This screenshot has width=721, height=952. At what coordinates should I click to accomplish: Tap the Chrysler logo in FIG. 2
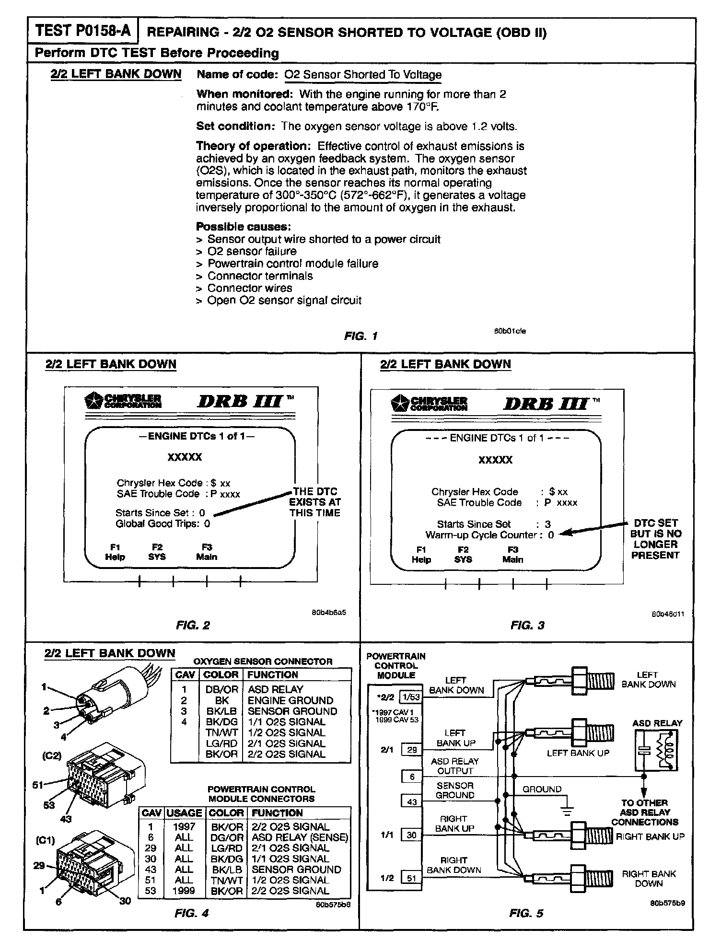click(x=123, y=400)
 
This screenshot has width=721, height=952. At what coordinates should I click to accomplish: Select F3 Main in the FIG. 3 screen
click(x=512, y=555)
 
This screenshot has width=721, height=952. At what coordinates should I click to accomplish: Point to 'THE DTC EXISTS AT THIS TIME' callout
click(x=315, y=502)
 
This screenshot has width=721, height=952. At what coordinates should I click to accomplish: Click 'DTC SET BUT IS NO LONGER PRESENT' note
click(x=655, y=539)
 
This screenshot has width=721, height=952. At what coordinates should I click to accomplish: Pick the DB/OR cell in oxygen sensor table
click(x=221, y=689)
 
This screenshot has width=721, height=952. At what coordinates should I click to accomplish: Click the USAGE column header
click(x=184, y=813)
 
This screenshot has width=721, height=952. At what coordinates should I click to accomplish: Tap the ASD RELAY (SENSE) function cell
click(x=300, y=837)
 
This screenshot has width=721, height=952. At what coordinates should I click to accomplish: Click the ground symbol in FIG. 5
click(x=567, y=810)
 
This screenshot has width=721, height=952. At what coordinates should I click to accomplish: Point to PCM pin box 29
click(x=412, y=750)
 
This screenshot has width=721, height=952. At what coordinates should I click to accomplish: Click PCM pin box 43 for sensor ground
click(x=412, y=801)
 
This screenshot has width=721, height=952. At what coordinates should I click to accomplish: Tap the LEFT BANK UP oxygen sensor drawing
click(x=568, y=732)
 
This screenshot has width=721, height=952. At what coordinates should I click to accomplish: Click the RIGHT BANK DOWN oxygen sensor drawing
click(x=568, y=878)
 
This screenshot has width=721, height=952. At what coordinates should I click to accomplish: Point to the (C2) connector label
click(x=52, y=755)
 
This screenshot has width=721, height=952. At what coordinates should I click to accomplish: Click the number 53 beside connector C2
click(x=49, y=805)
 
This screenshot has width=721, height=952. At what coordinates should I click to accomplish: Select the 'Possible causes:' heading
click(x=244, y=227)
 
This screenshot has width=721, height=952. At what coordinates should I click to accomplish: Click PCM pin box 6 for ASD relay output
click(x=412, y=777)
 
